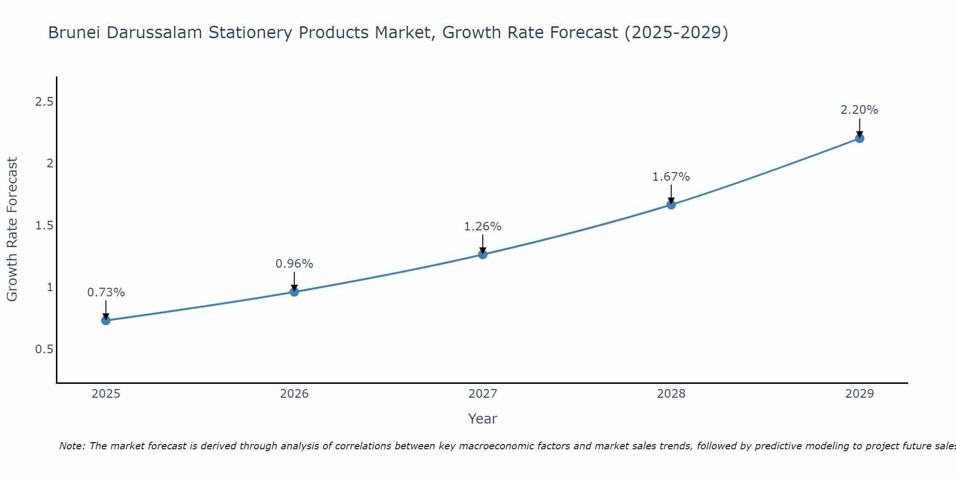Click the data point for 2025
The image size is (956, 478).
pos(106,320)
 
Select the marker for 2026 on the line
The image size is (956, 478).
pos(294,292)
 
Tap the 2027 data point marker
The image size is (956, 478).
pos(483,254)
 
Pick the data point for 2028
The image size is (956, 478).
pos(671,205)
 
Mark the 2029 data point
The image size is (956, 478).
pos(859,139)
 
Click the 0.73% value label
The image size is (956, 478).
pos(106,293)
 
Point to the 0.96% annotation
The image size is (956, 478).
pos(294,264)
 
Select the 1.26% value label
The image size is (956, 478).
pos(483,227)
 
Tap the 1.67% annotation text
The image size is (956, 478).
pos(671,177)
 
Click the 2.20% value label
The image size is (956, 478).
pos(859,110)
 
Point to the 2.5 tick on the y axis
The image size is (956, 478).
pos(44,102)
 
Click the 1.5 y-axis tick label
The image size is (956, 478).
pos(44,226)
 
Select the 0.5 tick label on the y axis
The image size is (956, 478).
pos(44,349)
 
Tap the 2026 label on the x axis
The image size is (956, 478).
pos(294,394)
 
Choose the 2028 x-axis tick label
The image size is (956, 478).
pos(671,394)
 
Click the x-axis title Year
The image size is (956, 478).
pos(483,419)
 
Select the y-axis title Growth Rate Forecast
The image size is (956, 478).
pos(12,229)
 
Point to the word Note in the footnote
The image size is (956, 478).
pos(72,446)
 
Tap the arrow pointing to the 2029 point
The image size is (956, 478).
pos(859,128)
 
